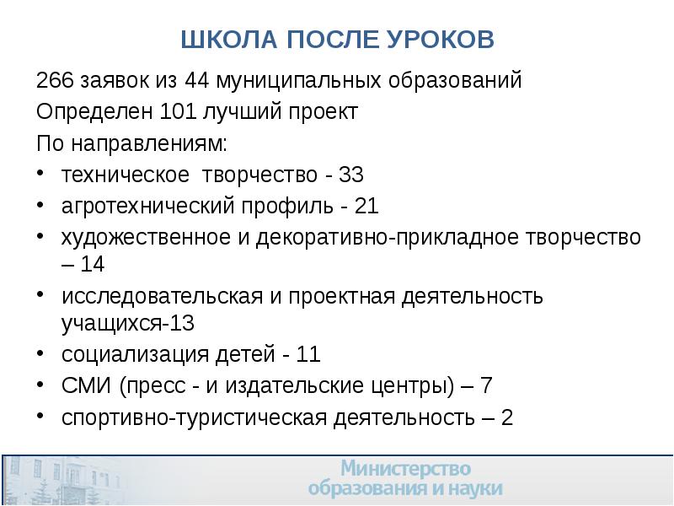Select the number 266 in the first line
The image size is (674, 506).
(53, 82)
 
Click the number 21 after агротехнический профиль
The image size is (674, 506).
(366, 206)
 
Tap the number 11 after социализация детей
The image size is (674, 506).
(308, 354)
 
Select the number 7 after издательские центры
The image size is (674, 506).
(487, 385)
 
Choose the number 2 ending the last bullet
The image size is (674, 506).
(506, 417)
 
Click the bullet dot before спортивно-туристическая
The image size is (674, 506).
(42, 417)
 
